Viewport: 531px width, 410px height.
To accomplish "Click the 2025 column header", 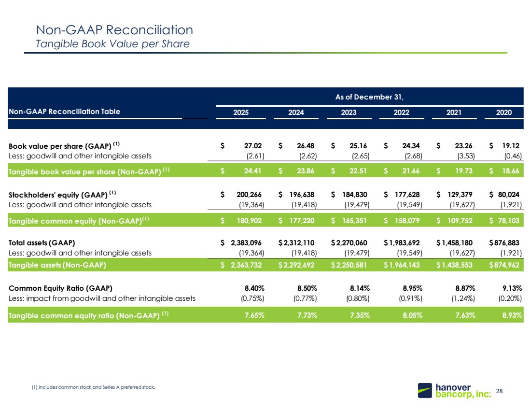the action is pyautogui.click(x=241, y=113).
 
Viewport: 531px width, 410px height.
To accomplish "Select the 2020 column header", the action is pyautogui.click(x=504, y=113).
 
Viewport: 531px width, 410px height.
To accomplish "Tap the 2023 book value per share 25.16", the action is pyautogui.click(x=358, y=146).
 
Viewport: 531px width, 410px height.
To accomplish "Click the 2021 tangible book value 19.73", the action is pyautogui.click(x=463, y=171).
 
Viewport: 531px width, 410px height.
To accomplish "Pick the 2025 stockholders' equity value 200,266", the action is pyautogui.click(x=249, y=195).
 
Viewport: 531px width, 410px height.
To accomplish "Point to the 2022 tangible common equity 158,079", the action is pyautogui.click(x=407, y=221).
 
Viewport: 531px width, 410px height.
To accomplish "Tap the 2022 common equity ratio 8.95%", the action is pyautogui.click(x=412, y=288).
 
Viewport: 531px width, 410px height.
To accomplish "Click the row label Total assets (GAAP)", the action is pyautogui.click(x=42, y=243).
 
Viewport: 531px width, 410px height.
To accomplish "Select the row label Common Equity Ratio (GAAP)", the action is pyautogui.click(x=60, y=288).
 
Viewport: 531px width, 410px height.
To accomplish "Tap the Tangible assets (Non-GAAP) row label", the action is pyautogui.click(x=57, y=265).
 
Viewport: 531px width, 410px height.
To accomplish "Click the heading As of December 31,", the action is pyautogui.click(x=369, y=97).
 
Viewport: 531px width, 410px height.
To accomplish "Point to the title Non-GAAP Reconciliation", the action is pyautogui.click(x=114, y=30).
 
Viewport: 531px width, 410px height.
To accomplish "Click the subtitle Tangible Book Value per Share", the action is pyautogui.click(x=113, y=44).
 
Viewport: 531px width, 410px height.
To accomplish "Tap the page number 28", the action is pyautogui.click(x=500, y=391).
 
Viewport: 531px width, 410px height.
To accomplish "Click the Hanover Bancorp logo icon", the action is pyautogui.click(x=425, y=390).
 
